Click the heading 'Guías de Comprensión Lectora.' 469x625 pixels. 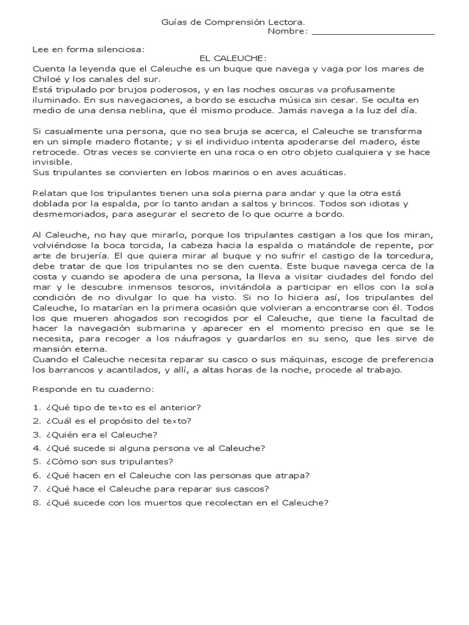(233, 22)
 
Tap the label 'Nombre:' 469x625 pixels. (288, 31)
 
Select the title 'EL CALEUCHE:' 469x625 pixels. (233, 58)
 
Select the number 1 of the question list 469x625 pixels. (36, 407)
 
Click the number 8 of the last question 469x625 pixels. (36, 503)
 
